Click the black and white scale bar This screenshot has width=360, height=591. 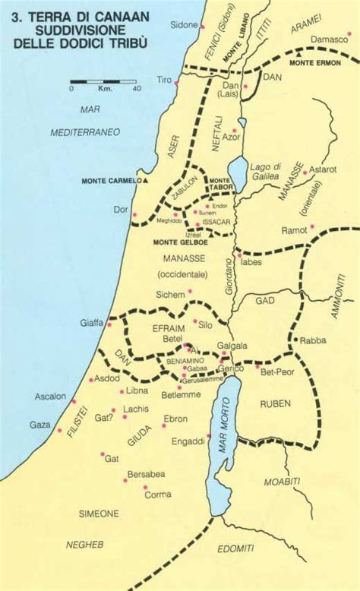103,81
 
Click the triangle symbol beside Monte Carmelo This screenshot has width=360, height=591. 145,181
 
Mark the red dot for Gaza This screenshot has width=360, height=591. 60,430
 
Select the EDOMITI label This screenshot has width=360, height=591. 236,548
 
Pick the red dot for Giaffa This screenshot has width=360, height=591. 109,324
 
